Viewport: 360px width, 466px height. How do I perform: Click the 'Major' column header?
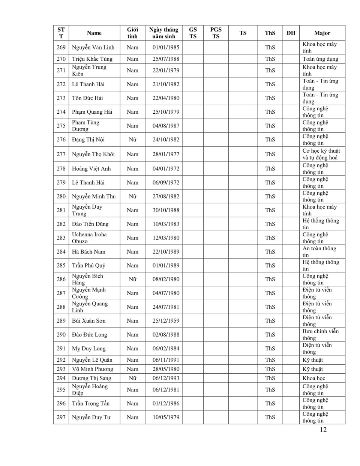pos(322,33)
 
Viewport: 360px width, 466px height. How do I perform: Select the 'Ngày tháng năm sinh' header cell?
pos(163,33)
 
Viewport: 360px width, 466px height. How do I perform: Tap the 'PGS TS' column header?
pos(216,33)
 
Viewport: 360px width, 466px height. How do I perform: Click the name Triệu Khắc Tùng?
pos(92,59)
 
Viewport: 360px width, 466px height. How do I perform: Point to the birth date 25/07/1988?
pos(166,59)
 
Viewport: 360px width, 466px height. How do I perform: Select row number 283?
pos(61,238)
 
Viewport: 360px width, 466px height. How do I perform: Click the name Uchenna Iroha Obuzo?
pos(89,238)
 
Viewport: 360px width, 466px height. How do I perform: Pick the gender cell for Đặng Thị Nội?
pos(132,140)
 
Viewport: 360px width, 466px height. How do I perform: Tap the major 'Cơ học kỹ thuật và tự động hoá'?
pos(321,154)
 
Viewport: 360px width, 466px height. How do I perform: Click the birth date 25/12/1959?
pos(166,321)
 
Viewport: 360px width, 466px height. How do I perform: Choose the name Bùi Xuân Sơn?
pos(89,321)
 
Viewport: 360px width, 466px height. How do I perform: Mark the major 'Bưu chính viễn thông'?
pos(320,335)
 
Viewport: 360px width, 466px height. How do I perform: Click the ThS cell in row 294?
pos(270,378)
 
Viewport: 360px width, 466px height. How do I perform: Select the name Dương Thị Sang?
pos(91,378)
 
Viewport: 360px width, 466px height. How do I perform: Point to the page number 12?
pos(323,430)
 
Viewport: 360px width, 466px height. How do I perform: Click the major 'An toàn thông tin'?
pos(319,252)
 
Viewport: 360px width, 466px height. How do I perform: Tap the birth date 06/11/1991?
pos(166,360)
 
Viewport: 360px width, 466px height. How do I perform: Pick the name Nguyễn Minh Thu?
pos(94,196)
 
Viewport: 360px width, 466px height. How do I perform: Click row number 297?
pos(61,417)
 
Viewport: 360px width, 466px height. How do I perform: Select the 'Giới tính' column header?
pos(132,33)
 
